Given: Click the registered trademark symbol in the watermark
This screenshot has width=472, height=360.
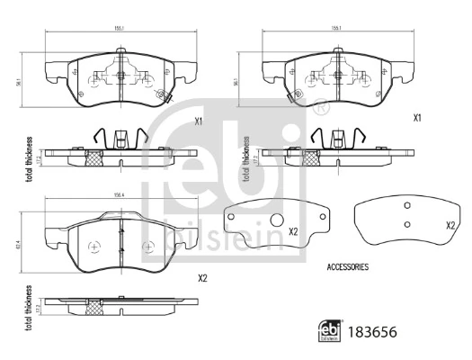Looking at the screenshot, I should coord(322,109).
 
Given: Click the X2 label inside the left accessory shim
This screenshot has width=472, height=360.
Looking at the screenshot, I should coord(293,231).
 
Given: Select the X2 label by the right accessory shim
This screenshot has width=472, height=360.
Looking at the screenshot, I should coord(450,225).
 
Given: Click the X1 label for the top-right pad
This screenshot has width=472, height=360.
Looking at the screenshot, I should coord(416,118).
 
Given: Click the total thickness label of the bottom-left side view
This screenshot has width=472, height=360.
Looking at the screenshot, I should coord(30,309).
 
